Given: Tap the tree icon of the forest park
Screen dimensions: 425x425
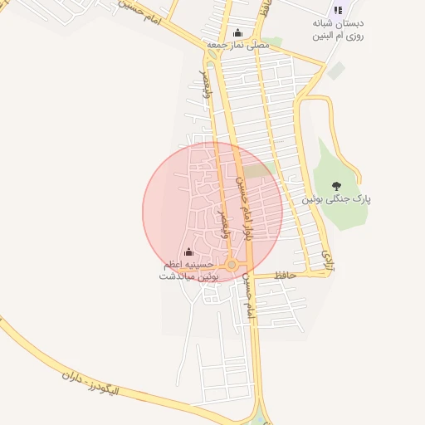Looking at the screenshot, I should tap(336, 186).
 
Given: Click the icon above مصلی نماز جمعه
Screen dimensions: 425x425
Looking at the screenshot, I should tap(239, 32).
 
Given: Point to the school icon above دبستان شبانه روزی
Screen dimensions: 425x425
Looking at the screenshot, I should tap(338, 10).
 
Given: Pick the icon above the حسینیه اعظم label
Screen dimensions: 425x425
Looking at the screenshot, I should tap(188, 252).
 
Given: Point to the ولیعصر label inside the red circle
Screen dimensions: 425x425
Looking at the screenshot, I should tap(222, 225).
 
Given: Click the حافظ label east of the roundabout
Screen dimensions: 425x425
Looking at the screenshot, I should tap(286, 286).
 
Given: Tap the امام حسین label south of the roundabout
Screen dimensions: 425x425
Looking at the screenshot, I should tap(247, 298).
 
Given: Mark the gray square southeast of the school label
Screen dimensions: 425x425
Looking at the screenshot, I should tap(335, 71).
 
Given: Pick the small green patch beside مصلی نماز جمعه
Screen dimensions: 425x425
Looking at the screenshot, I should tap(274, 42).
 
